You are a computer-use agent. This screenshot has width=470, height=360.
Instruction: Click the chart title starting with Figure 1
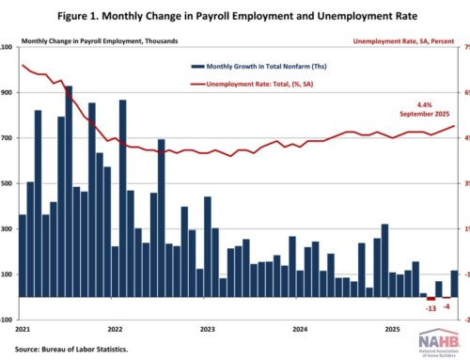[x=235, y=17]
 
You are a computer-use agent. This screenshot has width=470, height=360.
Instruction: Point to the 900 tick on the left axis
[x=8, y=92]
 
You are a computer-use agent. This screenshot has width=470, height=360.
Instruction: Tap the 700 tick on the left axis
[x=8, y=138]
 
